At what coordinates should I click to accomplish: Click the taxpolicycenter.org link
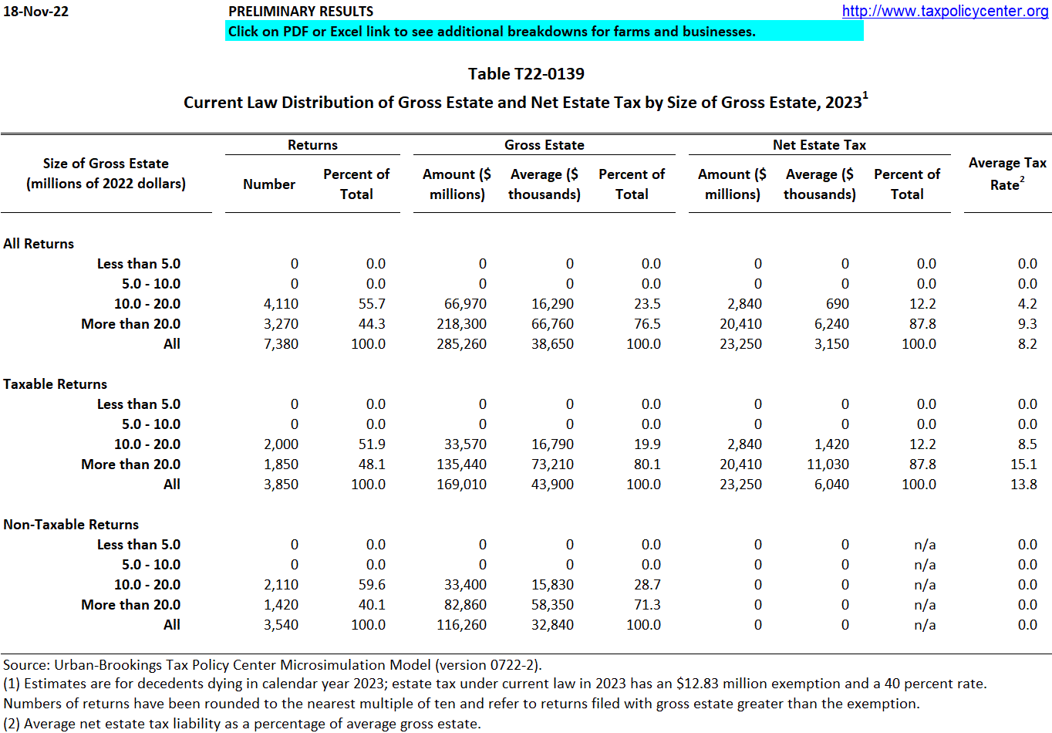point(945,11)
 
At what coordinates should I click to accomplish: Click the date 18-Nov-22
point(35,12)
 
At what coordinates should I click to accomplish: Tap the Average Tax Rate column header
point(1007,174)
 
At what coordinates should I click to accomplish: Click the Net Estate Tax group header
point(819,145)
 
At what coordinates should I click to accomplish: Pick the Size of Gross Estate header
point(106,174)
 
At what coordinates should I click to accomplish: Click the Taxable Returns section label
point(56,384)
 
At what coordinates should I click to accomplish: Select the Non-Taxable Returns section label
point(71,525)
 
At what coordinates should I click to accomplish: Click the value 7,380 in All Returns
point(281,344)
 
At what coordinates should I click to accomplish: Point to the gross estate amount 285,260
point(461,344)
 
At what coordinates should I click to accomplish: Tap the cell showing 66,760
point(552,324)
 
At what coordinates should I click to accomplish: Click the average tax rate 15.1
point(1023,464)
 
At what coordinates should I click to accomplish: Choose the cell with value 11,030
point(827,464)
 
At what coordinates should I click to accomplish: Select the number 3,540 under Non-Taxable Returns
point(281,625)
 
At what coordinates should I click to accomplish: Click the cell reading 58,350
point(552,605)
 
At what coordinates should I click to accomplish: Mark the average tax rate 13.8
point(1023,485)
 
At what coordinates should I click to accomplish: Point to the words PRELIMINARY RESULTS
point(301,12)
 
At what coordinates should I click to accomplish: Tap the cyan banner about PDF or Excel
point(544,32)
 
